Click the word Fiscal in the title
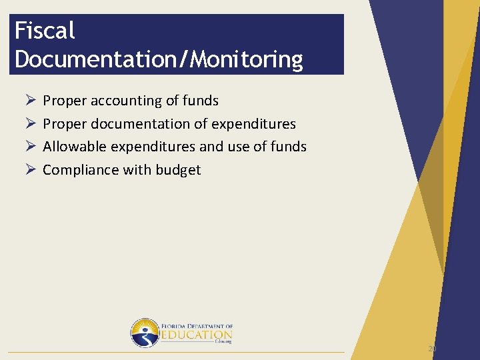pyautogui.click(x=45, y=31)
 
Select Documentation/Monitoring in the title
pyautogui.click(x=158, y=59)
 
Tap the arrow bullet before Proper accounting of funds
pyautogui.click(x=29, y=101)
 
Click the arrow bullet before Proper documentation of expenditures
pyautogui.click(x=29, y=124)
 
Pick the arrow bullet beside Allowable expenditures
pyautogui.click(x=29, y=147)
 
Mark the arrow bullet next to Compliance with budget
pyautogui.click(x=29, y=170)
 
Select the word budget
pyautogui.click(x=178, y=170)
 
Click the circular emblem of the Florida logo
pyautogui.click(x=145, y=333)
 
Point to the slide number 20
pyautogui.click(x=432, y=349)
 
